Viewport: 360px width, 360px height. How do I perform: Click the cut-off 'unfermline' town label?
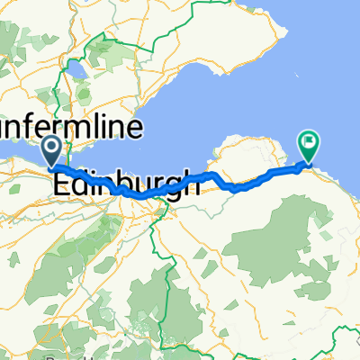coord(72,127)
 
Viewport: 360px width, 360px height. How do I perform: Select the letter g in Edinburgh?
coord(171,187)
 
